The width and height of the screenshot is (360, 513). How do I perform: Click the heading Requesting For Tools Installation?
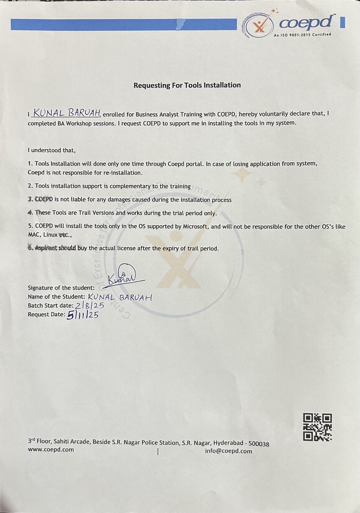pos(187,85)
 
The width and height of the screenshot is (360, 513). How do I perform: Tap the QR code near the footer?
pos(318,427)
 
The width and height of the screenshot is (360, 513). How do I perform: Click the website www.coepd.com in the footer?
pos(51,450)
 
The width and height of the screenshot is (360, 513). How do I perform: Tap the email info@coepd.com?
pos(229,451)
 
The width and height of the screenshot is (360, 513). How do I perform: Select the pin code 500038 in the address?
pos(259,444)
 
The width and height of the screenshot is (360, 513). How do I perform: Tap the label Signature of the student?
pos(61,288)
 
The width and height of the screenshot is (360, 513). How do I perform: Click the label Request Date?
pos(46,314)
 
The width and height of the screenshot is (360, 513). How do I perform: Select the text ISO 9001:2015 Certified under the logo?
pos(302,35)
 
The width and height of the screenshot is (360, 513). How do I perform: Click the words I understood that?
pos(51,150)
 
